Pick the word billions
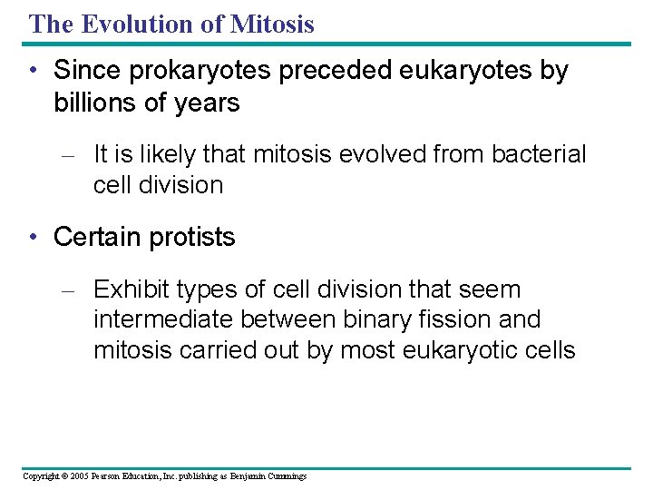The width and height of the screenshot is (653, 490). pos(95,103)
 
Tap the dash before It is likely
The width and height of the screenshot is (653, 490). pos(73,155)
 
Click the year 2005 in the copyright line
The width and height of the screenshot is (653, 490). pos(80,476)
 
